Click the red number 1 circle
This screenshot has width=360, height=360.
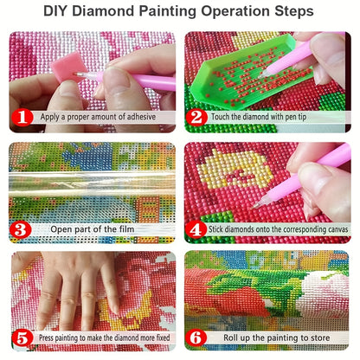[22, 118]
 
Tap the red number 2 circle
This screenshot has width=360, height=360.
[196, 118]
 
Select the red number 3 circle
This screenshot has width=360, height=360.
[21, 230]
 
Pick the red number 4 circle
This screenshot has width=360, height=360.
[196, 230]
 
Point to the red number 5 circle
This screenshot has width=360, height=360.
[22, 337]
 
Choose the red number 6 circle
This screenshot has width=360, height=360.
[196, 337]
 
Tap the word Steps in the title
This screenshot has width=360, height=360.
[294, 12]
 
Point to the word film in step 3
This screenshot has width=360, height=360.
[126, 229]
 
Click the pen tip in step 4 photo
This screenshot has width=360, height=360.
[254, 207]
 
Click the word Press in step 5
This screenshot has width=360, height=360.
[46, 337]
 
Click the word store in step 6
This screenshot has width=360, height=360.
[319, 337]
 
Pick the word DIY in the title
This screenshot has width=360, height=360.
[55, 11]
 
